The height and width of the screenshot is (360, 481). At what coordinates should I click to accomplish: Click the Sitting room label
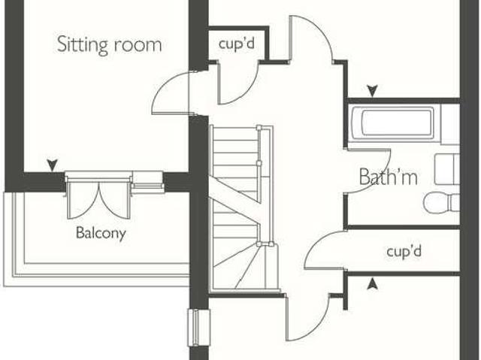coord(109,45)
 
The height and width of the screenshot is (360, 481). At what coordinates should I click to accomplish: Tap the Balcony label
coord(101,233)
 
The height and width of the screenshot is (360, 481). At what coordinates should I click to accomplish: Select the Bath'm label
coord(389,177)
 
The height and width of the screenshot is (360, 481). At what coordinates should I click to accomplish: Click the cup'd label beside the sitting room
coord(237,44)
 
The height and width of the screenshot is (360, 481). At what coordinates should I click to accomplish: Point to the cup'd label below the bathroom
coord(404,252)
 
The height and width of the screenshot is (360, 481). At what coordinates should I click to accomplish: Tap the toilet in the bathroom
coord(442,203)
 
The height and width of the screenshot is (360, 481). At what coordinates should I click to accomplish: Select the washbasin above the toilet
coord(447,169)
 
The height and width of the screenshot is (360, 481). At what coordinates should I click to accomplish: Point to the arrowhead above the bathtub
coord(372,91)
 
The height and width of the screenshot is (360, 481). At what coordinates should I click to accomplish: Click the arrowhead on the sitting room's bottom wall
coord(53,165)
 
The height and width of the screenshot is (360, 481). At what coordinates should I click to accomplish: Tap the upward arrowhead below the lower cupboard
coord(372,283)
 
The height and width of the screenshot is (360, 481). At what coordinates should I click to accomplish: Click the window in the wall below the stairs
coord(198,328)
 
